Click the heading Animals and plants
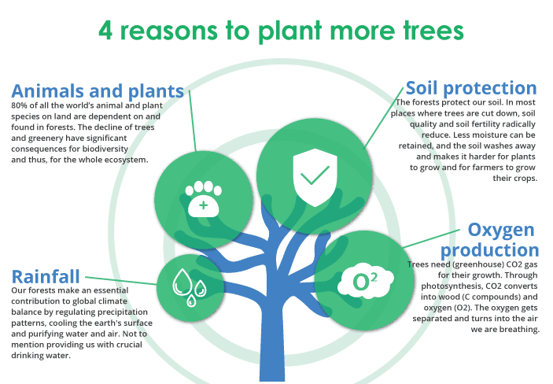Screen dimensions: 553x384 click(x=98, y=91)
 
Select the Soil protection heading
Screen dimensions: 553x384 click(x=471, y=88)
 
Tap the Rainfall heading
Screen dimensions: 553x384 click(x=46, y=277)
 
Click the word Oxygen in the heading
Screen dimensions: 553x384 click(x=501, y=230)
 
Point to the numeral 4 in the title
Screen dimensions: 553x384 click(x=105, y=31)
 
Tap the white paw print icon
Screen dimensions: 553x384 click(x=204, y=199)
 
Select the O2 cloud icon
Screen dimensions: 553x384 click(x=365, y=281)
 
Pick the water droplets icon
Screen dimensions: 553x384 click(x=190, y=287)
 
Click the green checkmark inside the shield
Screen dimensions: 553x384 click(x=315, y=175)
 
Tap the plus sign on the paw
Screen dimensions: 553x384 click(x=204, y=205)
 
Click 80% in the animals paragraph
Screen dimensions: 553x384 click(x=20, y=105)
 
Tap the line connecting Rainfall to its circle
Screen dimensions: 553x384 click(x=121, y=281)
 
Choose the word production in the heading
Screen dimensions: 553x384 click(x=490, y=250)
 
